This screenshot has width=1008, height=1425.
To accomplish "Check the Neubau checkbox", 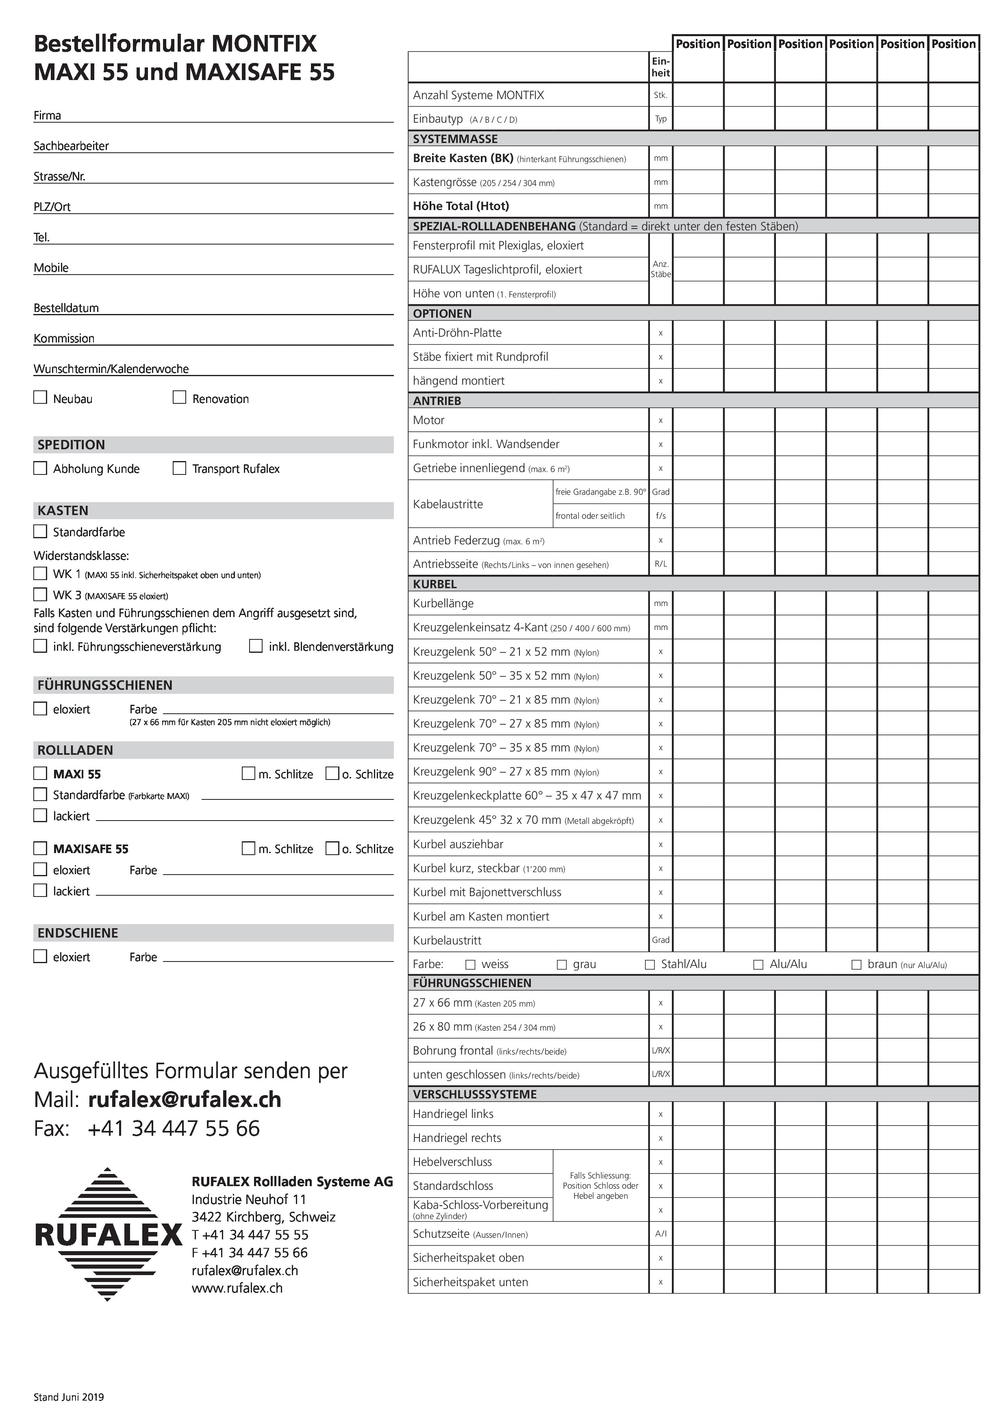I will coord(40,397).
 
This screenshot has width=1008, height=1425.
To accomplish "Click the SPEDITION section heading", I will coord(72,444).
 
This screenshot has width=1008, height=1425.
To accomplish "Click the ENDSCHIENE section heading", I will coord(78,933).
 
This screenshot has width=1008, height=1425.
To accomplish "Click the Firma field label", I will coord(47,115).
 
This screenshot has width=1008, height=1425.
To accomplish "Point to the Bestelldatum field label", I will coord(66,308).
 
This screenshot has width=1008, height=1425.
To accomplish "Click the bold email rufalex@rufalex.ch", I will coord(185,1099).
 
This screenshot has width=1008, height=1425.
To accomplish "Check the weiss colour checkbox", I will coord(471,964).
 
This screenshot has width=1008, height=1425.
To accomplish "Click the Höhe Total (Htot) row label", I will coord(461,206).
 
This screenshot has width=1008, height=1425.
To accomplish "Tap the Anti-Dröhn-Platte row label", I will coord(457,333).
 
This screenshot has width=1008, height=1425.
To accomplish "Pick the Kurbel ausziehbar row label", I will coord(458,844).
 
